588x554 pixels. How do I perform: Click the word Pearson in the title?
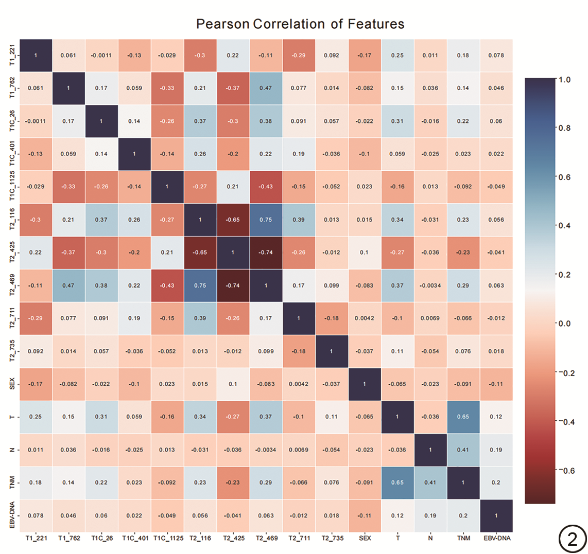222,24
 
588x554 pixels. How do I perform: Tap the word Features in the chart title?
376,24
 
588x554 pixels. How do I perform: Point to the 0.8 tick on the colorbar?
565,128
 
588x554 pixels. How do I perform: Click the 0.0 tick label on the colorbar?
565,324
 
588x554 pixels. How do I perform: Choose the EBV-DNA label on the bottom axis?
496,539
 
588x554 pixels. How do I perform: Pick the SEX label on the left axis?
12,384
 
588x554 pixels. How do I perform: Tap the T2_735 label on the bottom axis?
332,539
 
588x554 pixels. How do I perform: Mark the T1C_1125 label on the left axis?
12,187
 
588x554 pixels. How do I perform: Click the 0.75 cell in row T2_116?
266,220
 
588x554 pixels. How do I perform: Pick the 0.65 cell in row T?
463,417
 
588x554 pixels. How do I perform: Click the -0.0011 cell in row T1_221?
101,56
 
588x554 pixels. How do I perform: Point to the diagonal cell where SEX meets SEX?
365,384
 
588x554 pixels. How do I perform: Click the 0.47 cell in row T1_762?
266,88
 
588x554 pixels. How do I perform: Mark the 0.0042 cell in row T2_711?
365,318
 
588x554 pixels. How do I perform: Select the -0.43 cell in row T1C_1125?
266,187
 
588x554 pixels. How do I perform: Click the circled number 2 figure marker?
572,539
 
